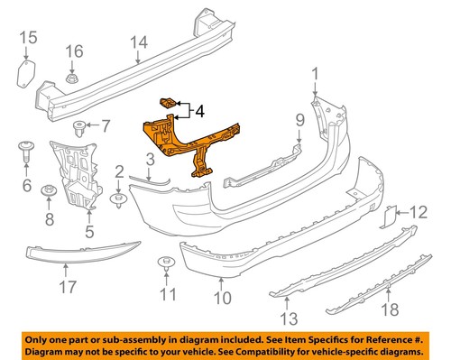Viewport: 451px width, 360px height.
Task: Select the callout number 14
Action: tap(138, 42)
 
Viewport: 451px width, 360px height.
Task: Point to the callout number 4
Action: tap(199, 112)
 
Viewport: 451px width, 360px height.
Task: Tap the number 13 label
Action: tap(288, 317)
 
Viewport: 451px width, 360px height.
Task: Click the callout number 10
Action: tap(223, 297)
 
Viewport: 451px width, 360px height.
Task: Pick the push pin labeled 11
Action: tap(164, 263)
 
